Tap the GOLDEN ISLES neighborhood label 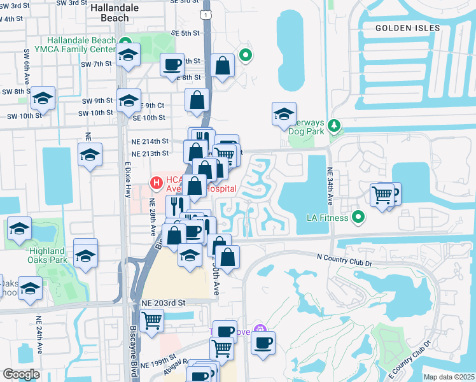click(x=407, y=28)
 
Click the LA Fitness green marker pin click(x=358, y=218)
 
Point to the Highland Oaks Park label click(x=48, y=256)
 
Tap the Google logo click(x=21, y=374)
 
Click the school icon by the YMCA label click(x=129, y=55)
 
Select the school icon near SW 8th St click(x=43, y=98)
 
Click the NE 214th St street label click(x=151, y=141)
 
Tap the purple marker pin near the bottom click(x=259, y=329)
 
